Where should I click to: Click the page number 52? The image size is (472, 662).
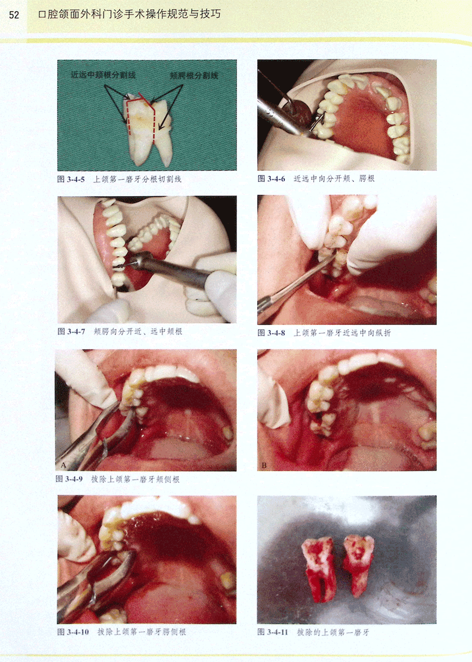tap(14, 15)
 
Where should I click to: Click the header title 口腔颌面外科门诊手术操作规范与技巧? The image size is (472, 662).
tap(129, 14)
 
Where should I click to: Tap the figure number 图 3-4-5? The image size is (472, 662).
tap(71, 179)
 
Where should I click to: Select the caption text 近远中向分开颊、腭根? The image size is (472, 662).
tap(334, 179)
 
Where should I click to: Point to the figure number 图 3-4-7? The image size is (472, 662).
tap(71, 332)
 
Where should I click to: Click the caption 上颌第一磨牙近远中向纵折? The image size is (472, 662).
tap(342, 333)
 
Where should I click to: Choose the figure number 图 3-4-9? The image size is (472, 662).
tap(69, 479)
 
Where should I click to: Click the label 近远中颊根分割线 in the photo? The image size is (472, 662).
tap(103, 75)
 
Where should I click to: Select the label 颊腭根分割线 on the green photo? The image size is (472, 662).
tap(194, 75)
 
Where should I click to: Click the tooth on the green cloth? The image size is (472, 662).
tap(148, 129)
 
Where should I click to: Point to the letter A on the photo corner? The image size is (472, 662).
tap(63, 465)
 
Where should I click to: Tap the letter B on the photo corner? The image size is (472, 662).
tap(264, 466)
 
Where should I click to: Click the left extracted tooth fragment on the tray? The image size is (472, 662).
tap(319, 568)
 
